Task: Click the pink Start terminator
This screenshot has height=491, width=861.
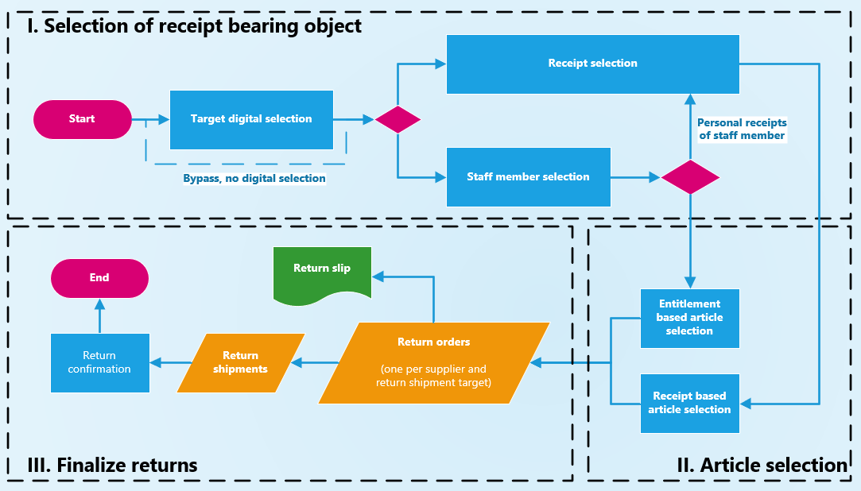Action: pos(82,119)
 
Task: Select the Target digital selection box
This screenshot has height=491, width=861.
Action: pos(251,119)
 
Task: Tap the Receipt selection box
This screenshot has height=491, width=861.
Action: pos(592,64)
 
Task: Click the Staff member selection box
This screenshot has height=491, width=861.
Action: pos(528,176)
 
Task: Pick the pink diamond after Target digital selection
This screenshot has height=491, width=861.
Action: pos(398,120)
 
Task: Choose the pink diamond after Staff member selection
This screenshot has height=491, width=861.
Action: pos(690,177)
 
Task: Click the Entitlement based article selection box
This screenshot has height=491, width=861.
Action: pos(689,318)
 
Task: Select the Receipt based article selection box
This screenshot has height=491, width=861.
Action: pos(689,403)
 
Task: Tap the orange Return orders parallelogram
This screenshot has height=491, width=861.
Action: pos(434,362)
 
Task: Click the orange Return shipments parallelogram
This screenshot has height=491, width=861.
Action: pos(241,362)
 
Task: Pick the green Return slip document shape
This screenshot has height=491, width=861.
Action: pos(322,273)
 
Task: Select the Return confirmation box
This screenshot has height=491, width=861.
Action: pos(99,362)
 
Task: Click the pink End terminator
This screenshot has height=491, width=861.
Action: pos(99,278)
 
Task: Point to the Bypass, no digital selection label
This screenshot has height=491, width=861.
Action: pos(254,179)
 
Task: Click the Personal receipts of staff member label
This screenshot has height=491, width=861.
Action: pos(742,130)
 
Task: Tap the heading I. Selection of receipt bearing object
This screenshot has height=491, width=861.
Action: pos(194,26)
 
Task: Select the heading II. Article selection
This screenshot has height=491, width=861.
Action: pos(762,466)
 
